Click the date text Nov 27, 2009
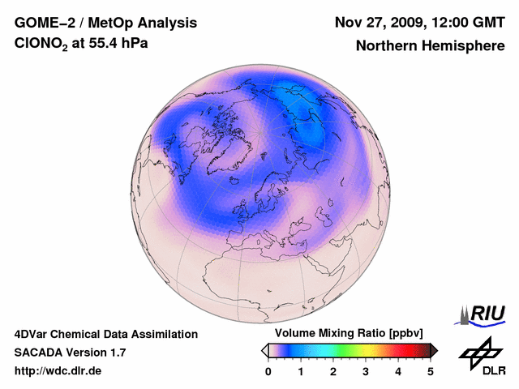tap(376, 22)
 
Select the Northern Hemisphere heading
tap(431, 45)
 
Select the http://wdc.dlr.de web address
tap(58, 371)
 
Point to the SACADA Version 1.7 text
tap(70, 353)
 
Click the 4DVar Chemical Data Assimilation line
tap(105, 334)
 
